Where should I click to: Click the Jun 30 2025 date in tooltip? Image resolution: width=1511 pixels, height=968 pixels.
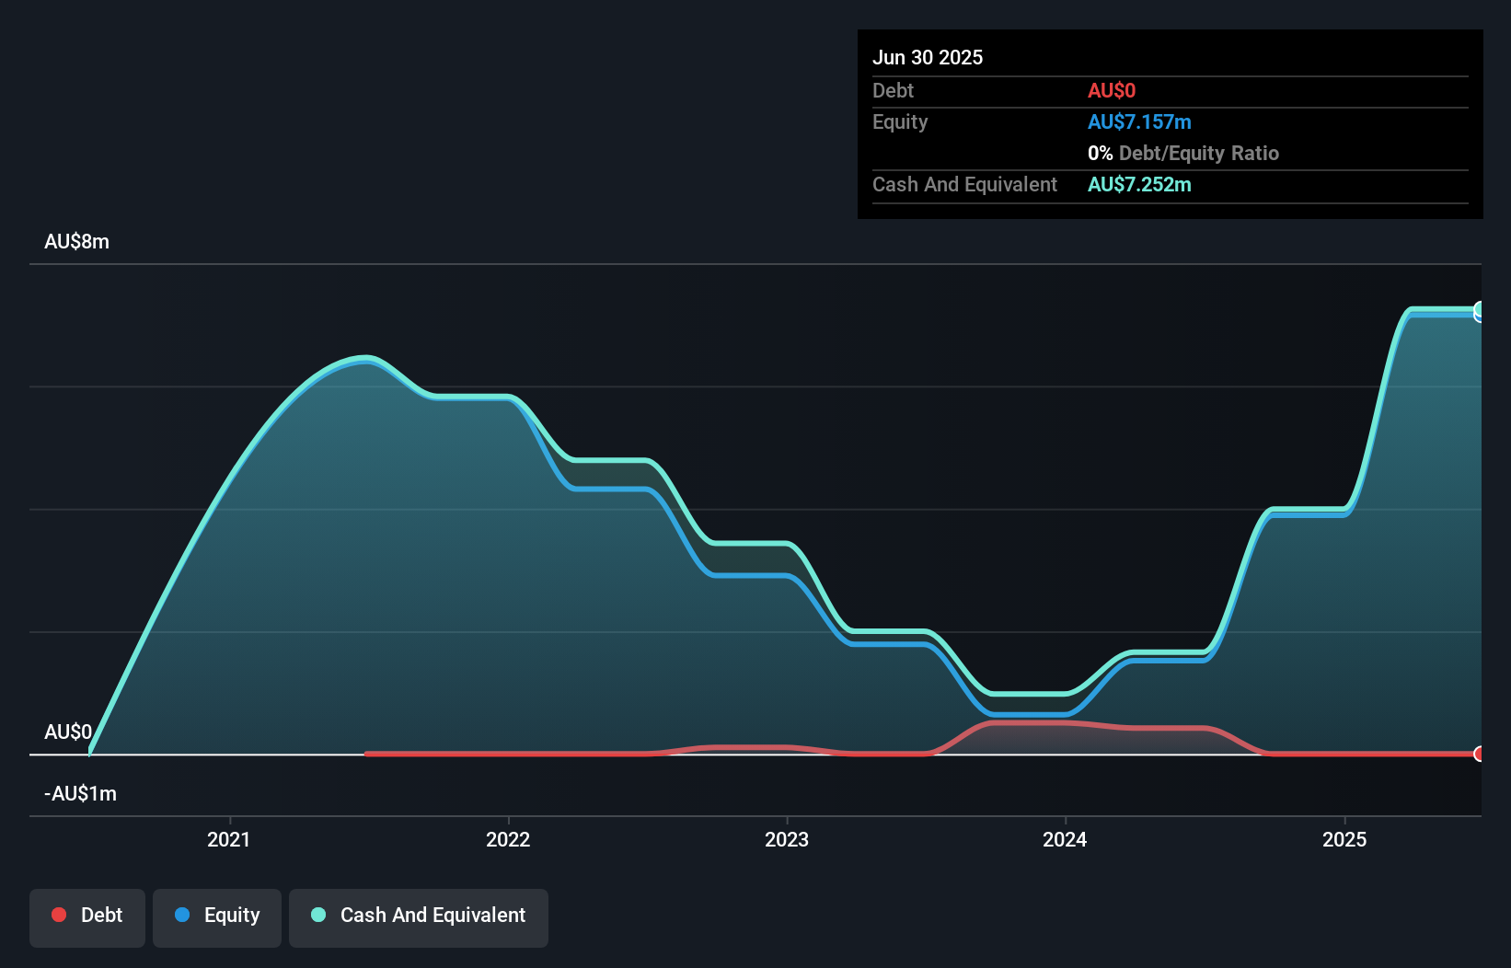pyautogui.click(x=927, y=57)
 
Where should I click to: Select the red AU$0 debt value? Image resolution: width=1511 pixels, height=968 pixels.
pyautogui.click(x=1111, y=90)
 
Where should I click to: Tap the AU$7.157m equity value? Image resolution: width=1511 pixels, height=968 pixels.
pyautogui.click(x=1138, y=121)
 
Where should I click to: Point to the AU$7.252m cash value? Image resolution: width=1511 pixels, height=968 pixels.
pyautogui.click(x=1138, y=184)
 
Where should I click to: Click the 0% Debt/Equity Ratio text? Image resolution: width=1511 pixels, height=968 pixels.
pyautogui.click(x=1182, y=153)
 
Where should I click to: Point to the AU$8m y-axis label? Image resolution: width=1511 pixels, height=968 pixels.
pyautogui.click(x=76, y=241)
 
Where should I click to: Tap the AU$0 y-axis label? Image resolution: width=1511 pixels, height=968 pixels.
pyautogui.click(x=67, y=732)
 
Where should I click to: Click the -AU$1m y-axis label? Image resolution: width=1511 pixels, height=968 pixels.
pyautogui.click(x=80, y=793)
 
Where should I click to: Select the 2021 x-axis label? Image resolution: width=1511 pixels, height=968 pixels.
pyautogui.click(x=228, y=839)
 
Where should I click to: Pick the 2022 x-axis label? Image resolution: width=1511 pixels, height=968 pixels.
pyautogui.click(x=508, y=839)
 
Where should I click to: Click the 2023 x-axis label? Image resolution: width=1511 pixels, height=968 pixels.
pyautogui.click(x=787, y=839)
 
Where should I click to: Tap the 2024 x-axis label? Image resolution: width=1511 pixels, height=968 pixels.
pyautogui.click(x=1065, y=839)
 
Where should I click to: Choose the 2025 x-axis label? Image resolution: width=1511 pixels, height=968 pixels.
pyautogui.click(x=1344, y=839)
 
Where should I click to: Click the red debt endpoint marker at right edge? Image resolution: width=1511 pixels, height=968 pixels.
pyautogui.click(x=1479, y=754)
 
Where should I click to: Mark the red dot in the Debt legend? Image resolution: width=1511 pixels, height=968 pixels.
pyautogui.click(x=59, y=915)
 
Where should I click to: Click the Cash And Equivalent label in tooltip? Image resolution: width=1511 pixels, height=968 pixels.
pyautogui.click(x=964, y=184)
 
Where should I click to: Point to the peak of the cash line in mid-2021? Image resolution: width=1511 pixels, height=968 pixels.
pyautogui.click(x=367, y=357)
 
